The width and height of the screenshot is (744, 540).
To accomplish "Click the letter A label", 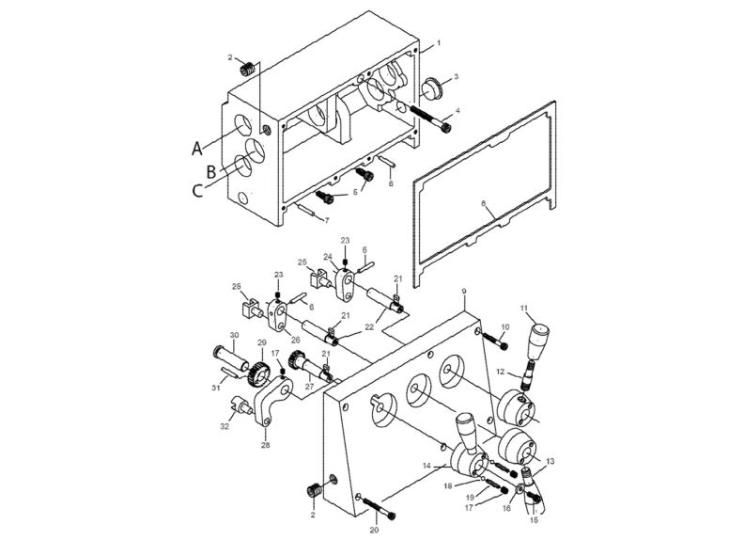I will point(196,148).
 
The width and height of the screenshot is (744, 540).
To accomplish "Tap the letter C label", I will point(196,191).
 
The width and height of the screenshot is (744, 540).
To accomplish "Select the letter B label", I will point(211,170).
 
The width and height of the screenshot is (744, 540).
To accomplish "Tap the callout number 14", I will point(427,466).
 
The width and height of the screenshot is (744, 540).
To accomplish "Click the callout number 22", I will point(370,326).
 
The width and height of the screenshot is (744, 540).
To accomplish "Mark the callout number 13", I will point(550,461).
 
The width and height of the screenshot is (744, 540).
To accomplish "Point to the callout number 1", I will point(437,44).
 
